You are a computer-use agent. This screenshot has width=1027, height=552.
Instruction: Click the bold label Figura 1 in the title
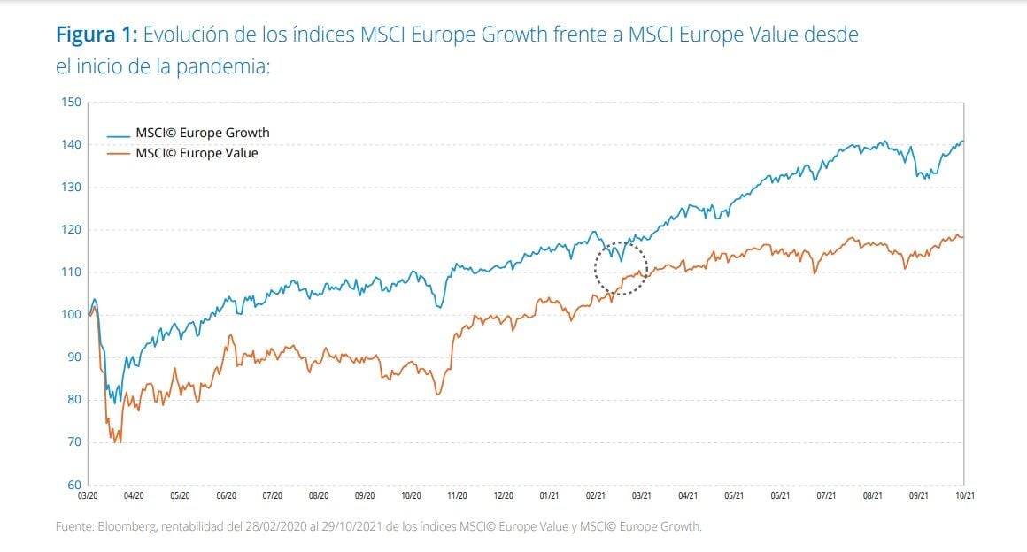click(x=96, y=35)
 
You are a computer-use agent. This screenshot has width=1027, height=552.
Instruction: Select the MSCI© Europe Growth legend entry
click(x=202, y=133)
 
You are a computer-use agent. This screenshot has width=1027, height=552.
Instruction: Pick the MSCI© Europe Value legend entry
click(x=197, y=153)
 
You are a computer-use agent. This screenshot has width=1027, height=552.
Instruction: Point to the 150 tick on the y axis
click(x=71, y=102)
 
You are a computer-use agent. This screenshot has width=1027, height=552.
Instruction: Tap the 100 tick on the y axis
click(x=71, y=315)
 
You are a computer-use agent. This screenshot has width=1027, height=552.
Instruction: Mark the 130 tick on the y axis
click(x=71, y=188)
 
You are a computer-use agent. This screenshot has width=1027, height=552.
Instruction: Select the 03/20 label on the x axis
click(x=89, y=497)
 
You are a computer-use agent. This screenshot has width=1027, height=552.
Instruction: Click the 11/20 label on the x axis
click(x=458, y=497)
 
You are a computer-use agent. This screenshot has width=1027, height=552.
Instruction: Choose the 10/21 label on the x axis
click(x=963, y=497)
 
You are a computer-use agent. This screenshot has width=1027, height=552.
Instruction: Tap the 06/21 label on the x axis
click(x=780, y=497)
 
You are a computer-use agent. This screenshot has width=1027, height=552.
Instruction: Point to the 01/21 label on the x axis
click(x=549, y=497)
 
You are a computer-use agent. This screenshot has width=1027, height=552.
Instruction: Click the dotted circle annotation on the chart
click(x=621, y=266)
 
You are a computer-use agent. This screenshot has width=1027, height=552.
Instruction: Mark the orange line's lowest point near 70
click(x=116, y=441)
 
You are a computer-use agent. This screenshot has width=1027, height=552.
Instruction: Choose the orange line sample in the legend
click(x=119, y=154)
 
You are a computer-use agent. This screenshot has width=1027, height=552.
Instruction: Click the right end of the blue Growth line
click(x=963, y=141)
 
